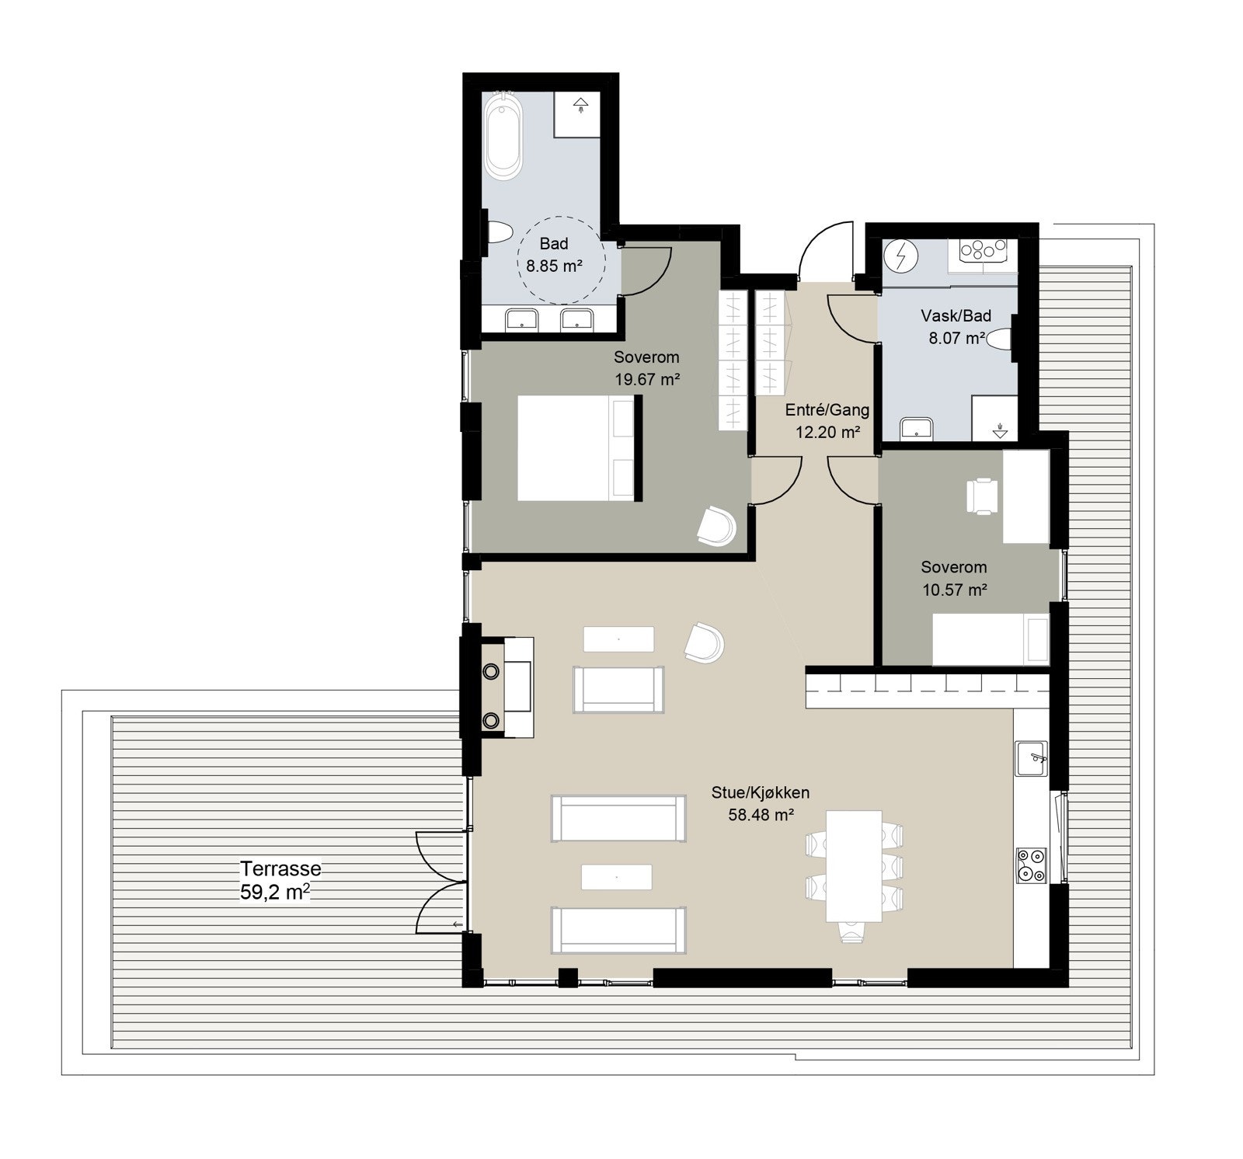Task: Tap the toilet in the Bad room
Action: [499, 232]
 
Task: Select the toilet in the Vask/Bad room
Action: [1002, 340]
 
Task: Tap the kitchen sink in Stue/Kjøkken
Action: [1032, 758]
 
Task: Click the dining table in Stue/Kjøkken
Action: [855, 865]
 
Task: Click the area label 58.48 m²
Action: [761, 815]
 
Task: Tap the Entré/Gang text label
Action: [827, 410]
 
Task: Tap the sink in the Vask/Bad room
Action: [917, 428]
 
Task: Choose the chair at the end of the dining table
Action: [853, 930]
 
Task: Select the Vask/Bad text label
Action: [956, 316]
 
